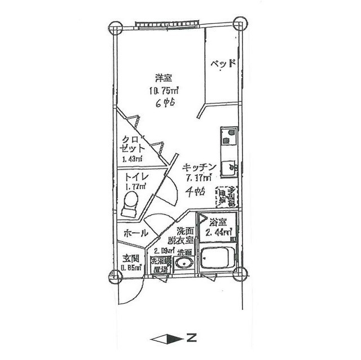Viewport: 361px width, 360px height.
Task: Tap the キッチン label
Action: pyautogui.click(x=199, y=167)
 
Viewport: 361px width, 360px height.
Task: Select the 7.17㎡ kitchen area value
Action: pyautogui.click(x=199, y=179)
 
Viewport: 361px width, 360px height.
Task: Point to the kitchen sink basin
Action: pyautogui.click(x=229, y=167)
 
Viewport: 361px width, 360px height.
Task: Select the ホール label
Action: pyautogui.click(x=135, y=233)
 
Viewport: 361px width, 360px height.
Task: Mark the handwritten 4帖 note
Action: pyautogui.click(x=195, y=192)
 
